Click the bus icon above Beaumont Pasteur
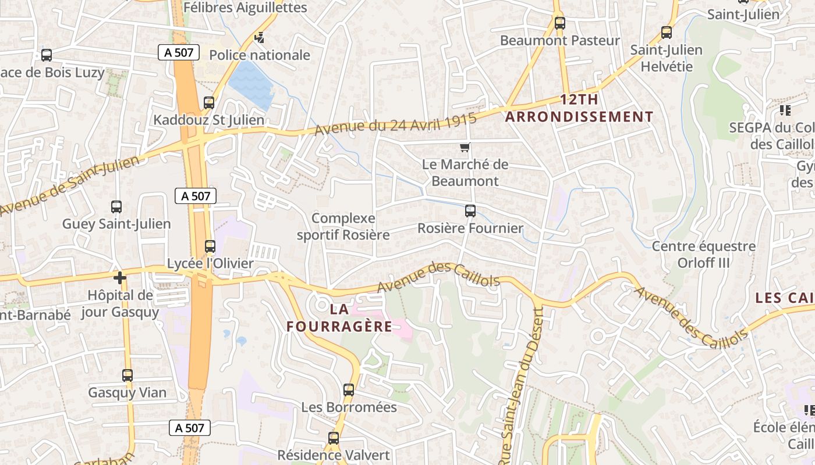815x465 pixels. point(560,23)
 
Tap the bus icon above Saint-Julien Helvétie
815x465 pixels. point(667,33)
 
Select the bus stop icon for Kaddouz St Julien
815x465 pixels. point(209,103)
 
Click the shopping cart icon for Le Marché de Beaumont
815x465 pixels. point(465,148)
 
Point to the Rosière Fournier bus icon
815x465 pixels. point(470,211)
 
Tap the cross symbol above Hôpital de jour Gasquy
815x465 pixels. point(120,278)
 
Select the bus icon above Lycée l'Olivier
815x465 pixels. point(210,246)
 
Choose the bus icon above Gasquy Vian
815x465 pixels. point(127,375)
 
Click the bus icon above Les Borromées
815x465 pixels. point(349,390)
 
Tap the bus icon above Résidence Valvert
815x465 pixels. point(334,438)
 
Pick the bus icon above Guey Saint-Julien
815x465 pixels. point(116,207)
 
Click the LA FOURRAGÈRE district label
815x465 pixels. point(339,317)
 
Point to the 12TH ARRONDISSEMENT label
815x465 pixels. point(579,108)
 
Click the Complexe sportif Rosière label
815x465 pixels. point(343,227)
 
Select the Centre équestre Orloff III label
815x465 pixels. point(703,254)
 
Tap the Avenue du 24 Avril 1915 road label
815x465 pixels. point(395,124)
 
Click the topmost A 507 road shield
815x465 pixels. point(179,52)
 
